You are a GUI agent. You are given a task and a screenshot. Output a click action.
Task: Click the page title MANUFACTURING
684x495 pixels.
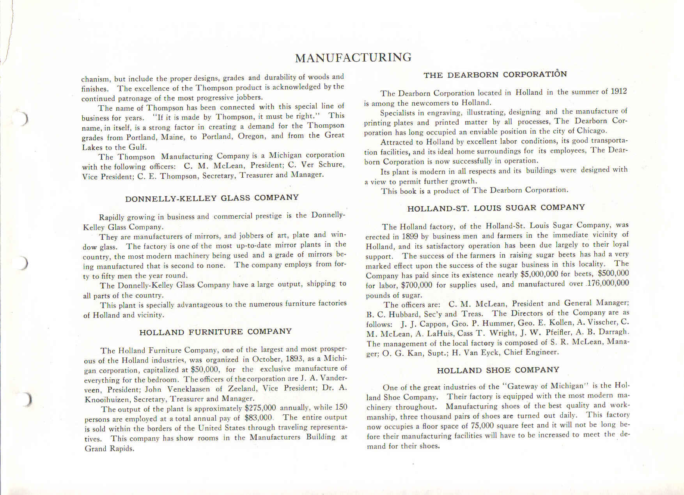353,58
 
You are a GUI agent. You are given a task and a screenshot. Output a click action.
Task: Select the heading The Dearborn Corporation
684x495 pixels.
495,74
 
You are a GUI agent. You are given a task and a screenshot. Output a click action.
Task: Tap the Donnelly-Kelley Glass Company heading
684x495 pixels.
212,198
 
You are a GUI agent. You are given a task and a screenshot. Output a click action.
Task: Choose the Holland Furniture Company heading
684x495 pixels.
215,332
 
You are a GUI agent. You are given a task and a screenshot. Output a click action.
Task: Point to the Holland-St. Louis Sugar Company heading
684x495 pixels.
496,208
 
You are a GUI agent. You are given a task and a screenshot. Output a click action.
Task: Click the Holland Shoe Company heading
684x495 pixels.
498,370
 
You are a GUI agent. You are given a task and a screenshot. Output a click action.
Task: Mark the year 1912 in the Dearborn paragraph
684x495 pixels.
619,91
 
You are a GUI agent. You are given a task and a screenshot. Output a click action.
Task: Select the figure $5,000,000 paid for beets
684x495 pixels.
539,274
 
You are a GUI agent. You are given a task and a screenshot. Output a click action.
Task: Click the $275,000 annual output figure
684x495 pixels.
260,408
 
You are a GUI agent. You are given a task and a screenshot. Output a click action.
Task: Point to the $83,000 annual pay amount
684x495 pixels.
258,418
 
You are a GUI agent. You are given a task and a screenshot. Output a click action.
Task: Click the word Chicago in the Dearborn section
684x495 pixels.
591,131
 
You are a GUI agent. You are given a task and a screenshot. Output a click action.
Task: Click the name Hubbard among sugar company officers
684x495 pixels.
395,314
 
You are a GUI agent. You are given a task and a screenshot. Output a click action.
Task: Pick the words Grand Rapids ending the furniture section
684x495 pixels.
109,449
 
